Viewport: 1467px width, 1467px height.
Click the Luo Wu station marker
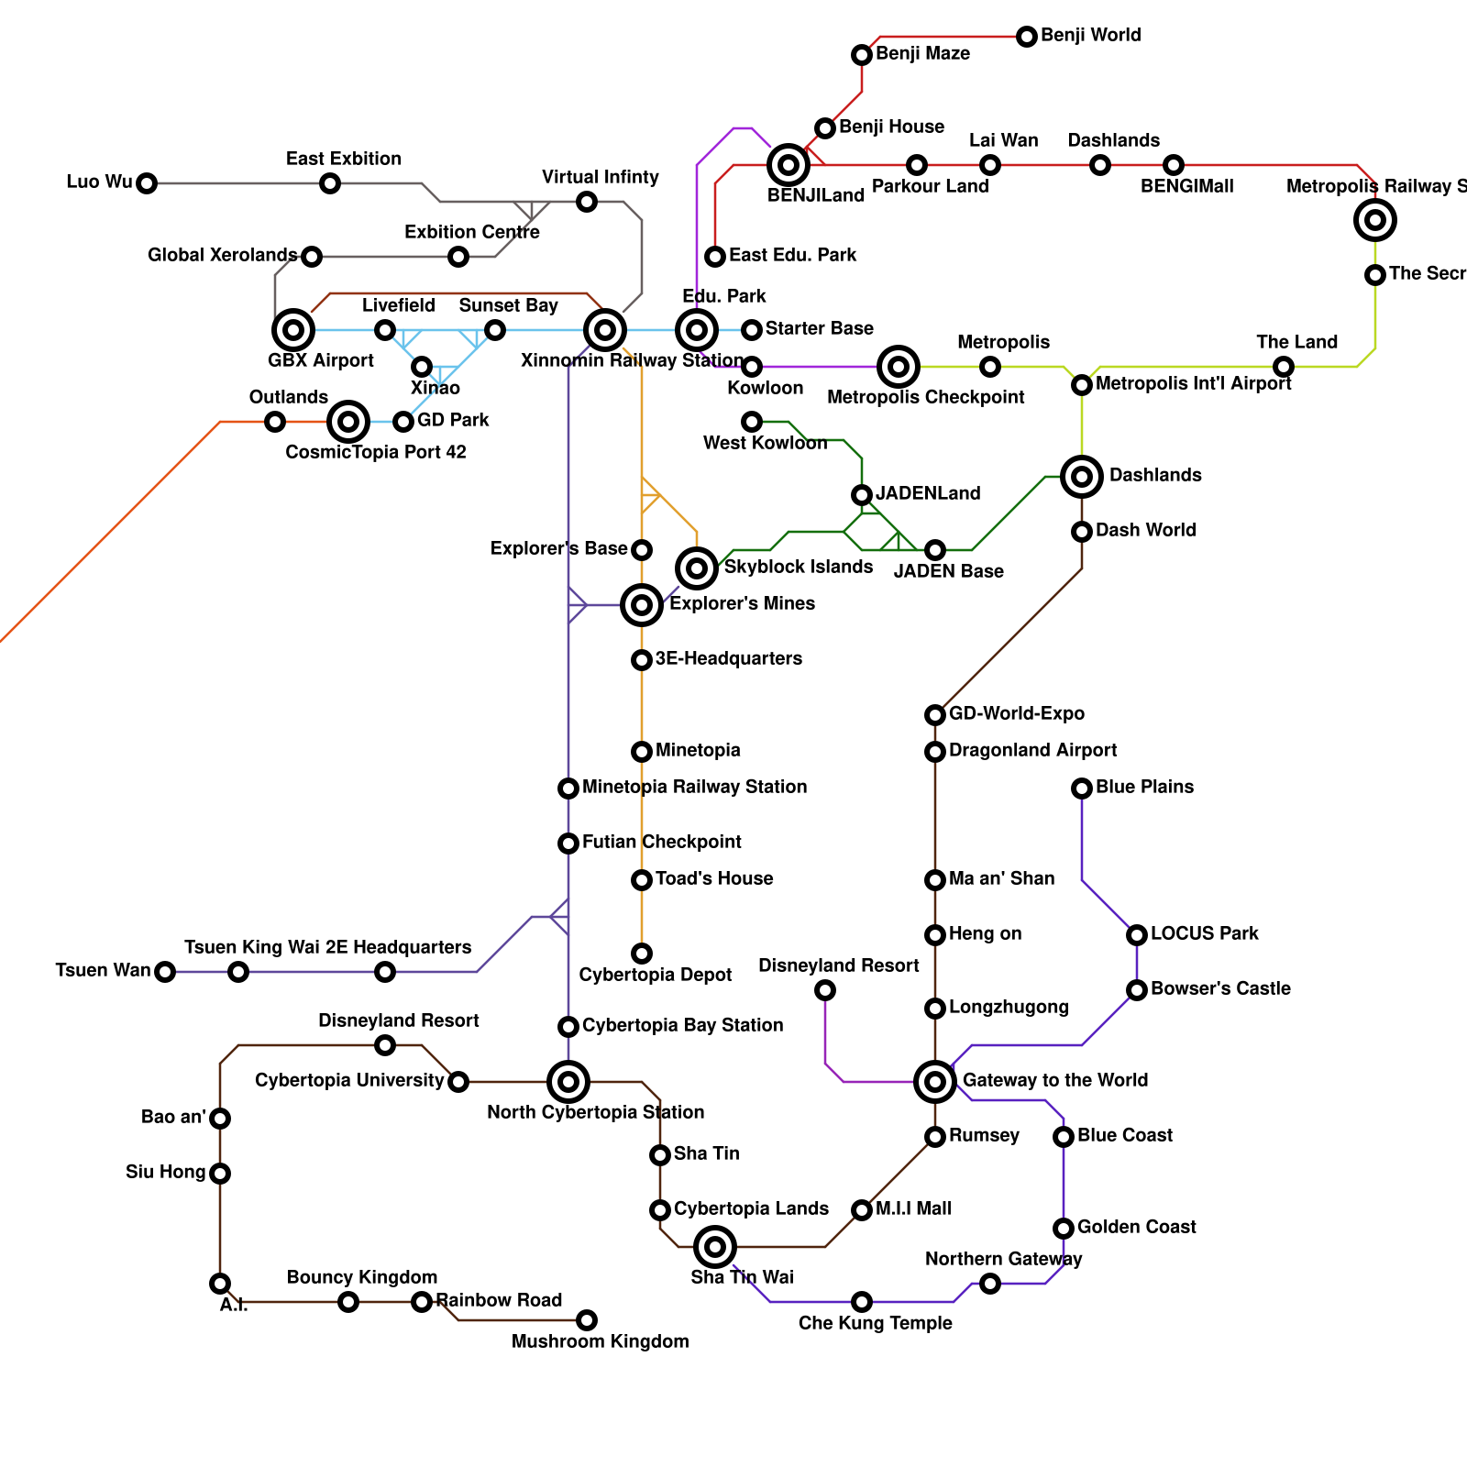point(147,183)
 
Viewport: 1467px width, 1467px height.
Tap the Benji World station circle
point(1027,37)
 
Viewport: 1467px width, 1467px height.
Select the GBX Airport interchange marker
point(293,330)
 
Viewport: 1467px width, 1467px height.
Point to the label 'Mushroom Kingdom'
point(600,1341)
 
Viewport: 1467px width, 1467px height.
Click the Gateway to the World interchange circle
point(935,1082)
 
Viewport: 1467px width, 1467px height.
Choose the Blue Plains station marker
point(1082,789)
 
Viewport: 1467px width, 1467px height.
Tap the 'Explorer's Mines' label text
point(742,603)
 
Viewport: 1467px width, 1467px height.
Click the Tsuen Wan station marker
point(165,972)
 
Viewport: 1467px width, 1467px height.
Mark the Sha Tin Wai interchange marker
point(715,1247)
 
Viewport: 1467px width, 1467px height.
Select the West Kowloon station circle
point(752,422)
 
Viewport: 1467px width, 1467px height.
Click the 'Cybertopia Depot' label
point(655,975)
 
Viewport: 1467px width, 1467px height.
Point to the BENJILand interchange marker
point(789,165)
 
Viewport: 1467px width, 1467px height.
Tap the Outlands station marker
point(275,422)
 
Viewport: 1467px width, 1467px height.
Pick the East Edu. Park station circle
point(715,257)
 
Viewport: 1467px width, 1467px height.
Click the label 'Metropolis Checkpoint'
point(925,397)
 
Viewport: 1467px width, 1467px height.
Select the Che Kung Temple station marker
point(862,1302)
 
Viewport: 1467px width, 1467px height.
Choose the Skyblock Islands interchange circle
point(697,568)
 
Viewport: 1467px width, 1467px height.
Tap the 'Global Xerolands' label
point(222,255)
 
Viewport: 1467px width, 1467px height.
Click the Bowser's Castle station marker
point(1137,990)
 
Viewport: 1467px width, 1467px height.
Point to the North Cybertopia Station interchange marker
point(568,1082)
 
